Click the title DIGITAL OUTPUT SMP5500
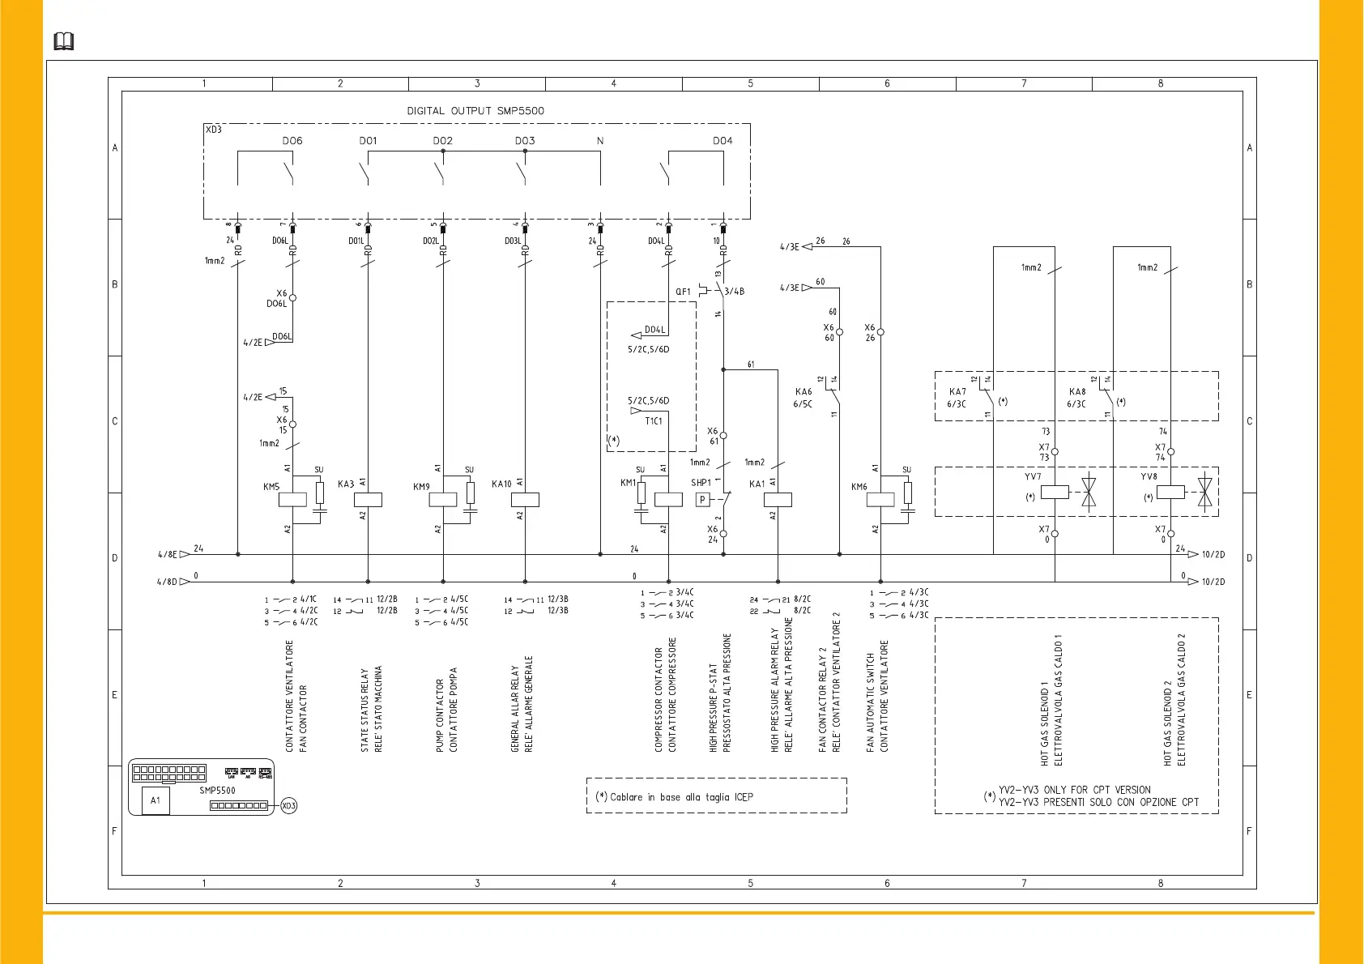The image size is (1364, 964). pos(475,111)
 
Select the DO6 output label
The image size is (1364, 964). pos(292,141)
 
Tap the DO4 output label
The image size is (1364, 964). pos(722,141)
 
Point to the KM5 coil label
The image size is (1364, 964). pos(271,487)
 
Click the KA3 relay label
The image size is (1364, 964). pos(346,484)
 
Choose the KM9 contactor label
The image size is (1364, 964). pos(421,487)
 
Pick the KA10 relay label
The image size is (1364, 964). pos(501,484)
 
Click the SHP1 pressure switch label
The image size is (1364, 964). pos(701,483)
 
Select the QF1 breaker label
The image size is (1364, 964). pos(684,292)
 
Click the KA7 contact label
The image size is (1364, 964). pos(957,392)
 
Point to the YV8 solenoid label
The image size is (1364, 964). pos(1149,477)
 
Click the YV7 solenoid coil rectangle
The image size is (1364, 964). pos(1055,491)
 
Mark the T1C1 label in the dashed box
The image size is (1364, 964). pos(654,421)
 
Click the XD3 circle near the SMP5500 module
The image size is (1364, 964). pos(289,806)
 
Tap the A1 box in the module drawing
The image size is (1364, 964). pos(156,800)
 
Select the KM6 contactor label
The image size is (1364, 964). pos(859,487)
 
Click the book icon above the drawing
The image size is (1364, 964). pos(64,41)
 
